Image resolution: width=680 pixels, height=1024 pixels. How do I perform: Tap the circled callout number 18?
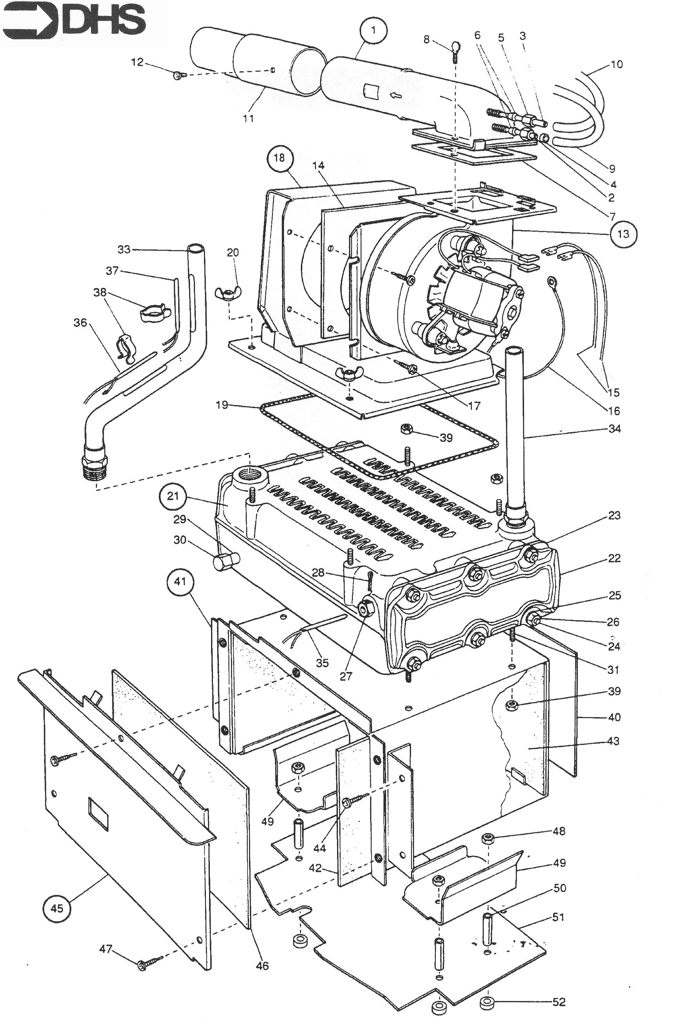click(x=279, y=158)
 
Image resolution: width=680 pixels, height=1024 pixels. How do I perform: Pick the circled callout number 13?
click(x=623, y=234)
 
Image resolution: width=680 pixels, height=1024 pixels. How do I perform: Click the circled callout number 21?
click(x=173, y=496)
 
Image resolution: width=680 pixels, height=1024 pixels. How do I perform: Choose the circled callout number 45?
click(x=57, y=908)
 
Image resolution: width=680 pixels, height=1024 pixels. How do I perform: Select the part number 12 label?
click(x=137, y=62)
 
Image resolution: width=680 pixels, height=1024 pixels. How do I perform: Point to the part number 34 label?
click(x=615, y=429)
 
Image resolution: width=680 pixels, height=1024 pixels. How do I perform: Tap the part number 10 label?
click(x=617, y=64)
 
